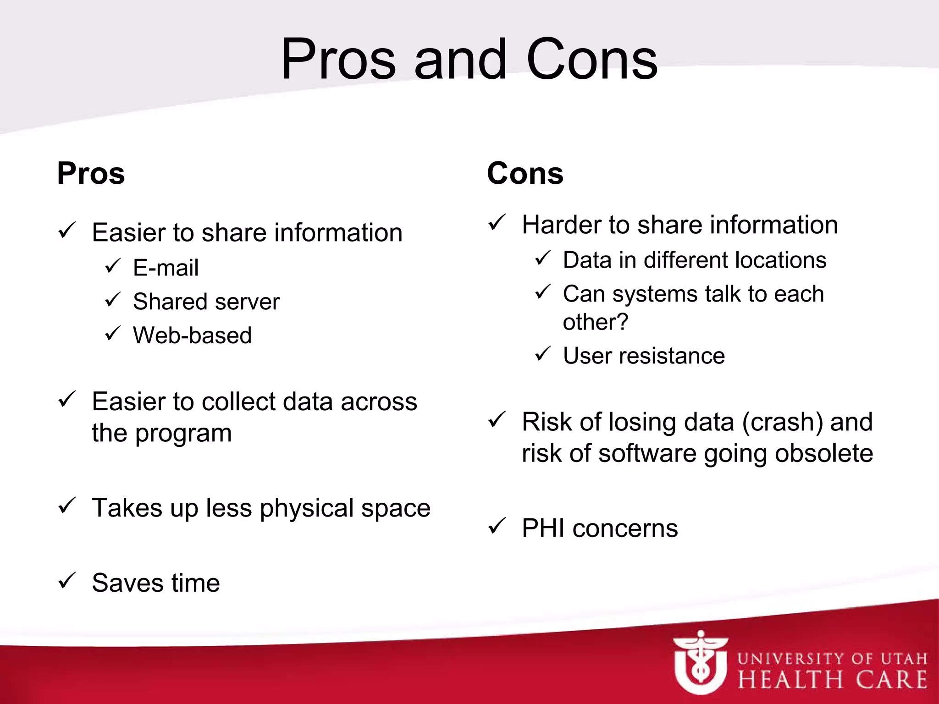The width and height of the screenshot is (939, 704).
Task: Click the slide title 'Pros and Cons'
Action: (x=469, y=60)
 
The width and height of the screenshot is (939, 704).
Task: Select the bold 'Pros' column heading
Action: (x=91, y=174)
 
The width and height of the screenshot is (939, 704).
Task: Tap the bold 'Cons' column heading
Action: (x=525, y=174)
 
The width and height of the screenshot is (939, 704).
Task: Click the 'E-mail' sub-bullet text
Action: (x=166, y=268)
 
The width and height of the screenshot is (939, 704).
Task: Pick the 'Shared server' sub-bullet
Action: (x=206, y=302)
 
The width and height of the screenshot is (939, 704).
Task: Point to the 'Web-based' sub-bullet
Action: (x=192, y=335)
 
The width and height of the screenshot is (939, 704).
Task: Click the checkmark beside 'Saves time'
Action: (x=67, y=581)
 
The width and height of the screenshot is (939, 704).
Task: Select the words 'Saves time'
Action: (x=156, y=583)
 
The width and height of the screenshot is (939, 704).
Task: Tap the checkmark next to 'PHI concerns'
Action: (x=497, y=526)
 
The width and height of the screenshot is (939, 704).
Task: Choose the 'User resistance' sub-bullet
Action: (x=644, y=356)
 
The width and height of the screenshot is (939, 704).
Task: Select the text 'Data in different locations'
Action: (x=694, y=260)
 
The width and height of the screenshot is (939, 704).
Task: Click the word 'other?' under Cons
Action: (x=595, y=322)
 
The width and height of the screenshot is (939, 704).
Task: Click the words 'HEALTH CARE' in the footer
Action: (x=832, y=679)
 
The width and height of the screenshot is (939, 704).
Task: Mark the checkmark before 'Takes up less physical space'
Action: (x=67, y=506)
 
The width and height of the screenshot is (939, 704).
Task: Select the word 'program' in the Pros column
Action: (x=183, y=433)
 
